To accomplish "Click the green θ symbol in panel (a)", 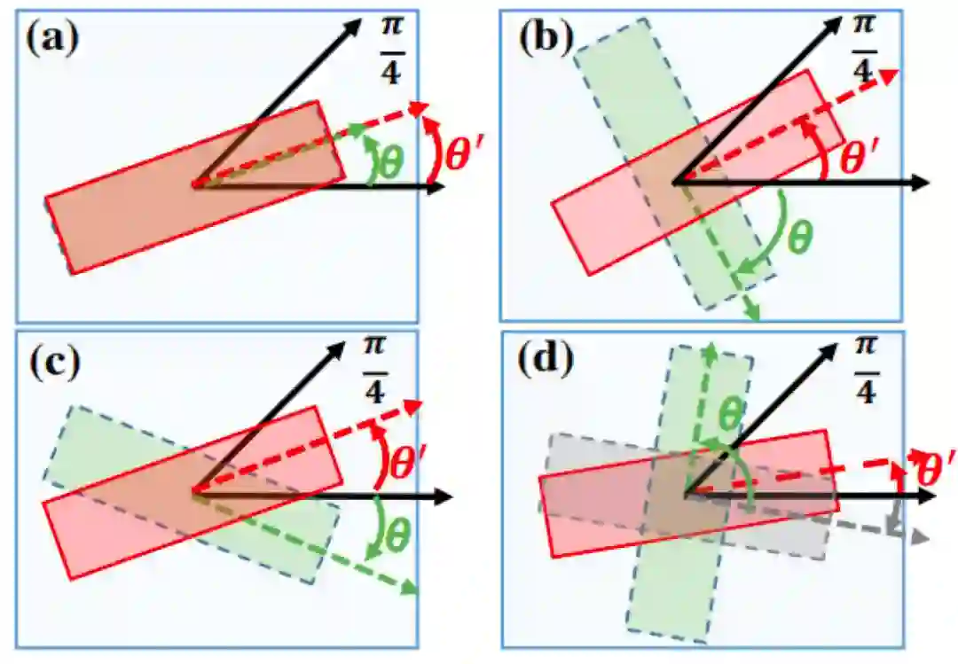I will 389,161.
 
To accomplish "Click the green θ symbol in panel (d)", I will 729,412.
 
